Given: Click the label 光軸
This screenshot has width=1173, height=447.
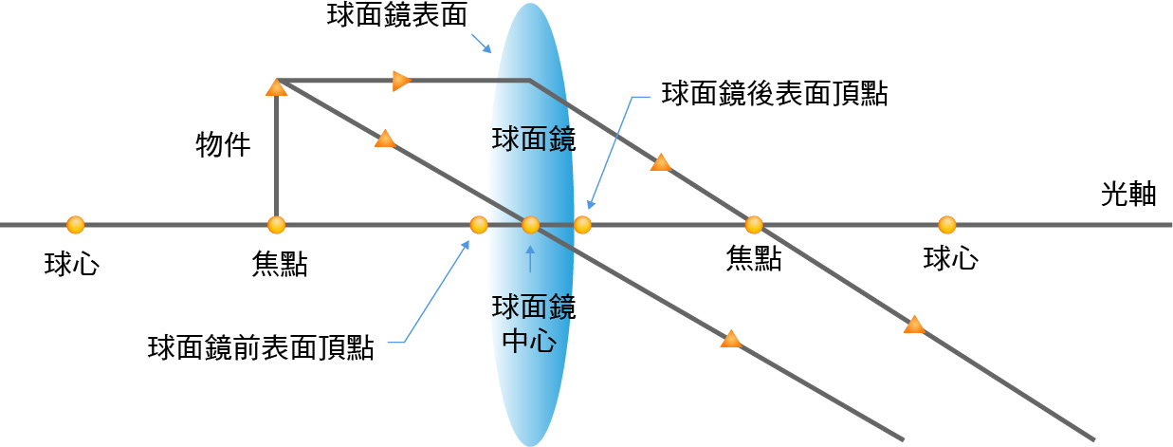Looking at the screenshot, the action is pos(1128,195).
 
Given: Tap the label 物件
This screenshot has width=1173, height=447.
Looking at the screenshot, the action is pos(223,144).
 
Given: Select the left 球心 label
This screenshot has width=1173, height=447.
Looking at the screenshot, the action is pos(72,264).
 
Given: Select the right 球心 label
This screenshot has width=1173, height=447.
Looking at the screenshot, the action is pos(950,258).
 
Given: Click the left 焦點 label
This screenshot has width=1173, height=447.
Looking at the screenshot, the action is pos(279,264).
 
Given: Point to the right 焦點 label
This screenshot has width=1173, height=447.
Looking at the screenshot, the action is pos(754,258).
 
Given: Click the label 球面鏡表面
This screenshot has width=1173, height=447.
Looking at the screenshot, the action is pos(397,14).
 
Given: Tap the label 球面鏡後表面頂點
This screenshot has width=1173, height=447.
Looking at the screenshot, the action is pos(775,94).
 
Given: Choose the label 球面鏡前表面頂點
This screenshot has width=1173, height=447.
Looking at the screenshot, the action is pos(261,347).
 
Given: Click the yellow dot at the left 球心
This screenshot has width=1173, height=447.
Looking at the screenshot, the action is pos(76,225).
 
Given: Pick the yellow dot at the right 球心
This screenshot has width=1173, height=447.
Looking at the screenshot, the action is pos(946,225).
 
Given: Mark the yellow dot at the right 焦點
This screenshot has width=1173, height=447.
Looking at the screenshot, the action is pos(754,225).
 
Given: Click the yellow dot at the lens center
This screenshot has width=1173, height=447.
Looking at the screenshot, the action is pos(530,225).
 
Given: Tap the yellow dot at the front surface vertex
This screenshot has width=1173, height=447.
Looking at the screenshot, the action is pos(479,225).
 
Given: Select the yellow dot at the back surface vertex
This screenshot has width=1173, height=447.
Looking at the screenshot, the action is pos(582,225).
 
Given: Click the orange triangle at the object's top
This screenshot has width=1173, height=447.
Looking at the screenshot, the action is pos(277,87).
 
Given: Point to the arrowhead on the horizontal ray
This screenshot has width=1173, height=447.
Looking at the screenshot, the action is pos(402,81).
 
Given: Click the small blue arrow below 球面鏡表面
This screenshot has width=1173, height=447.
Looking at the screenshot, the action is pos(482,44).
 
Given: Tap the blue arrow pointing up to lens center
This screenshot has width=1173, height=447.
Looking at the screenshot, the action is pos(530,259).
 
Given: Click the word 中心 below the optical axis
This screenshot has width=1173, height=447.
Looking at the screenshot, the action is pos(529,341).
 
